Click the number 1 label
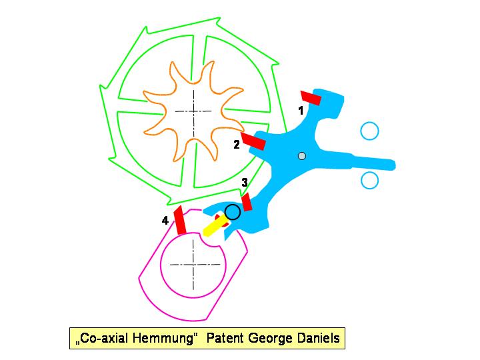click(301, 110)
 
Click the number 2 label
click(237, 144)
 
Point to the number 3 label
click(245, 182)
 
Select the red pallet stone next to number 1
click(311, 98)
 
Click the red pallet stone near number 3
click(246, 202)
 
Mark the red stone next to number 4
click(179, 220)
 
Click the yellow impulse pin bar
click(213, 227)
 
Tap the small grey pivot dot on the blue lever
click(301, 156)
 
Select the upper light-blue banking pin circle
click(369, 131)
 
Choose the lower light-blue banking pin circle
click(369, 180)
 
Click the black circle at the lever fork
click(232, 212)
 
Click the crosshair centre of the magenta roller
click(193, 265)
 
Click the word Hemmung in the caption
click(165, 338)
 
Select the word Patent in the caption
click(226, 338)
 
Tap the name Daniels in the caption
click(318, 338)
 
